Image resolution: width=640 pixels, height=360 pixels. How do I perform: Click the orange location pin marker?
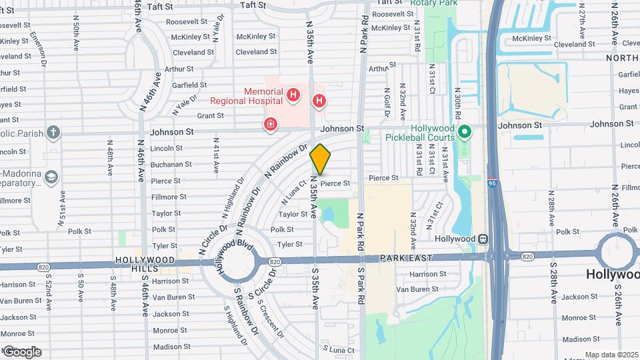click(321, 159)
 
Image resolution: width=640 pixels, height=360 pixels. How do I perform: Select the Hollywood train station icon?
click(481, 239)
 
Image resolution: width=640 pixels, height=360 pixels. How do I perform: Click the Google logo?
click(22, 351)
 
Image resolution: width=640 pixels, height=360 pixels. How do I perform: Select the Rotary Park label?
click(434, 3)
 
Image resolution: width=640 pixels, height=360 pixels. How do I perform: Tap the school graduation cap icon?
click(51, 177)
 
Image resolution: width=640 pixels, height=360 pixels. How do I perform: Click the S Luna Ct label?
click(338, 349)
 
